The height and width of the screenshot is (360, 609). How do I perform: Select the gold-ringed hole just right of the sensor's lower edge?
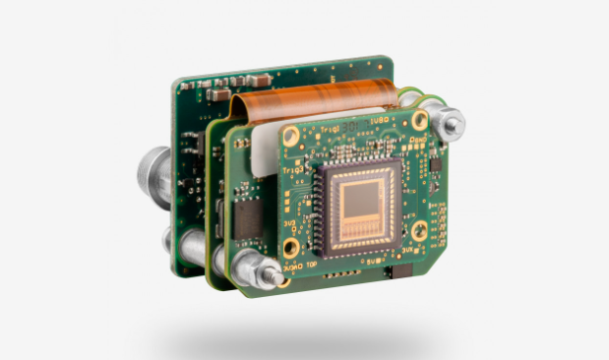pyautogui.click(x=420, y=231)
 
